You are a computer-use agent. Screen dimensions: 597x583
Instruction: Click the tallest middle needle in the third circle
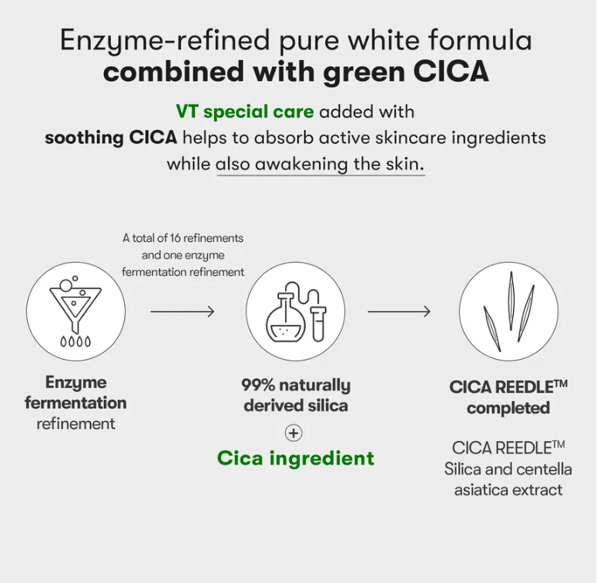[x=511, y=300]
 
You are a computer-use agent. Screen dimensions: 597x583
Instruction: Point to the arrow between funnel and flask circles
[x=183, y=312]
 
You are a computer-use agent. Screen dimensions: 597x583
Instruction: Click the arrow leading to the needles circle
[x=399, y=312]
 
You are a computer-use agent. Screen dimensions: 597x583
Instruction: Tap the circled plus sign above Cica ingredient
[x=293, y=433]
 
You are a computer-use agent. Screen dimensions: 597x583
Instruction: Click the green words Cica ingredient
[x=296, y=457]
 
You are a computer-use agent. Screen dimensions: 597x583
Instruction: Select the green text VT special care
[x=245, y=112]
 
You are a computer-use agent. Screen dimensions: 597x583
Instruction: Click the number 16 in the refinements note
[x=175, y=238]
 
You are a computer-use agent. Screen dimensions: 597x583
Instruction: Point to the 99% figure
[x=258, y=385]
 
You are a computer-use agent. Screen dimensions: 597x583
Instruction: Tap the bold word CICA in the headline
[x=451, y=71]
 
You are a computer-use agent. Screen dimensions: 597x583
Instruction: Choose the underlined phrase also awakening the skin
[x=320, y=164]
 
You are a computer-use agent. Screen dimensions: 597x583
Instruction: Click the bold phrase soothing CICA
[x=111, y=138]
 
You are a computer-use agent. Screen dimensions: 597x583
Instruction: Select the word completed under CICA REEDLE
[x=508, y=408]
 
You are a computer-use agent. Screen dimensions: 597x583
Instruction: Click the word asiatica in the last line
[x=481, y=490]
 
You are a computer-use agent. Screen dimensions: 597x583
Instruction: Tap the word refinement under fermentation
[x=75, y=424]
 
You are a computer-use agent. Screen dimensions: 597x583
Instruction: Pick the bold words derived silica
[x=296, y=406]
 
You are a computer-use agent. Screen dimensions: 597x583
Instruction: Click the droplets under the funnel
[x=75, y=341]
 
